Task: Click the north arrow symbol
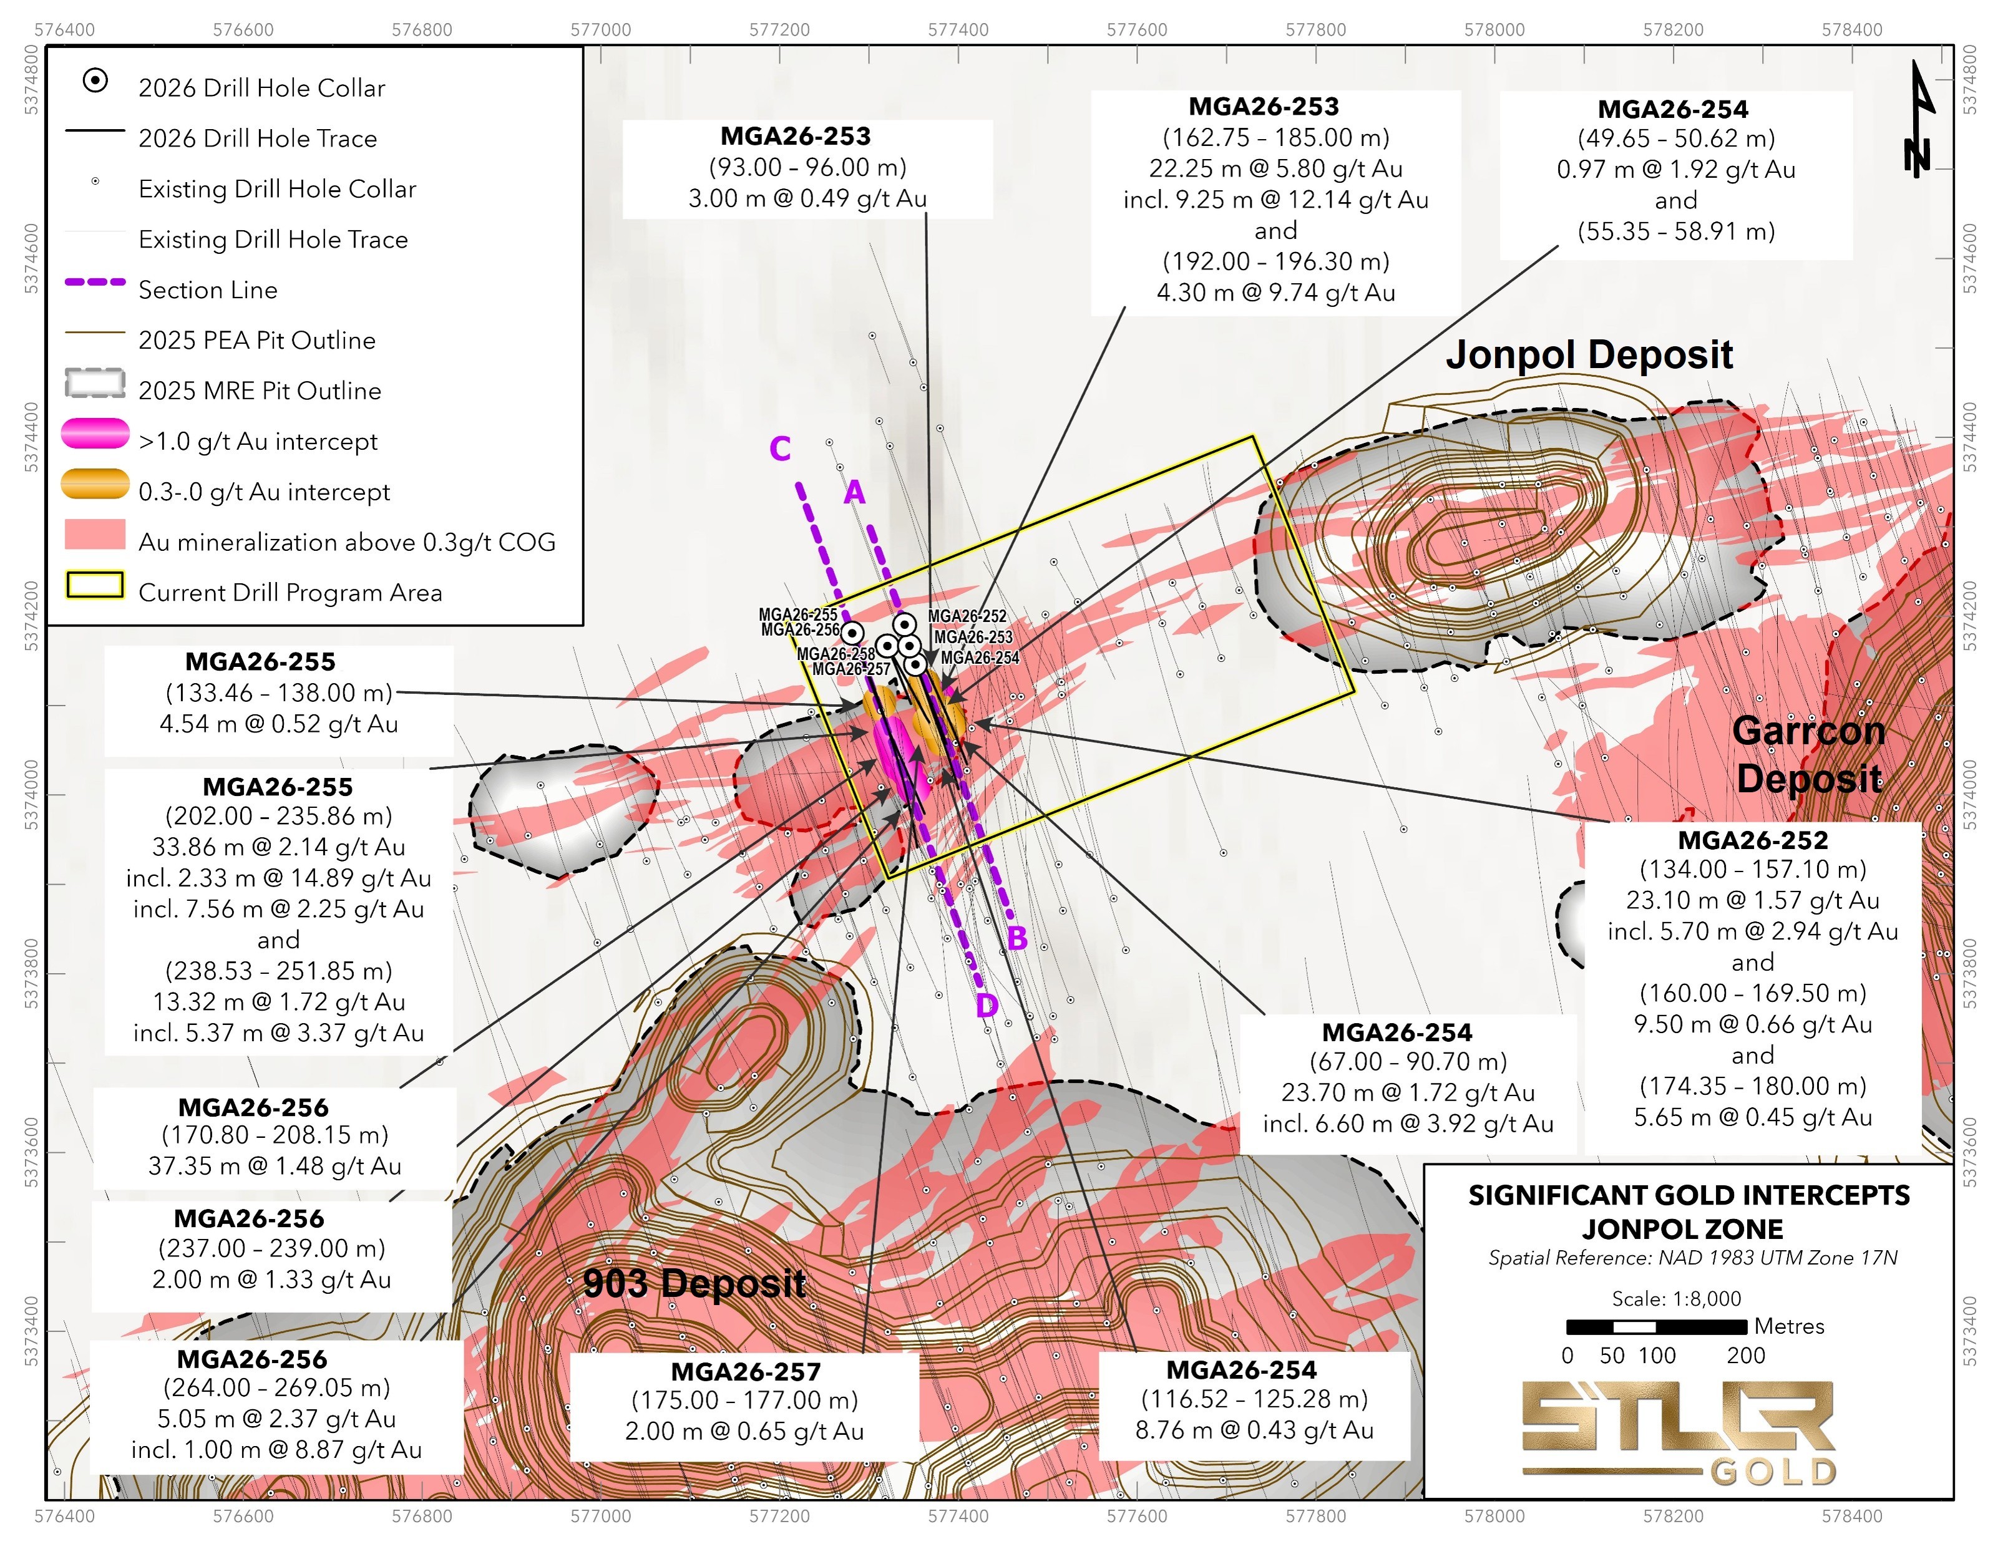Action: click(1918, 119)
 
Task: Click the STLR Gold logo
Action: click(1678, 1432)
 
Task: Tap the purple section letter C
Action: click(779, 449)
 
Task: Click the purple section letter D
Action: click(986, 1006)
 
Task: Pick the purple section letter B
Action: click(1016, 938)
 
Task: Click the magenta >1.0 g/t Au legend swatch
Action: click(95, 434)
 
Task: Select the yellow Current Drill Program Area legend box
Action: click(95, 585)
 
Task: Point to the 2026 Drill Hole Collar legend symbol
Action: click(95, 80)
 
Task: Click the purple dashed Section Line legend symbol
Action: click(95, 282)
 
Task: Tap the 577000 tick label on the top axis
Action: click(600, 29)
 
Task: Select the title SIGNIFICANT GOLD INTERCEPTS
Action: click(1689, 1195)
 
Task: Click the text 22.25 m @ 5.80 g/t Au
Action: click(1275, 168)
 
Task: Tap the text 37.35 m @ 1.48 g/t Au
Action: click(275, 1165)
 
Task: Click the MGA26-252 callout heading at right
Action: click(1752, 840)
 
